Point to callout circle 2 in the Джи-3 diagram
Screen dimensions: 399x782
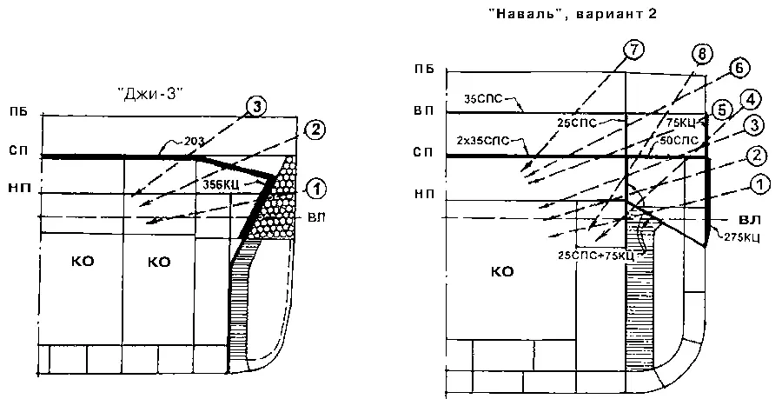(x=315, y=130)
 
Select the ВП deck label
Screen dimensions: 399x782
(x=424, y=112)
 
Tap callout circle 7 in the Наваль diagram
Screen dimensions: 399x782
(x=635, y=50)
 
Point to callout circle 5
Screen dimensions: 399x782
(x=721, y=110)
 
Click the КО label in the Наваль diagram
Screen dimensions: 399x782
(x=502, y=271)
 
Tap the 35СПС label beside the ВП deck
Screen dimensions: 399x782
(x=483, y=98)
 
